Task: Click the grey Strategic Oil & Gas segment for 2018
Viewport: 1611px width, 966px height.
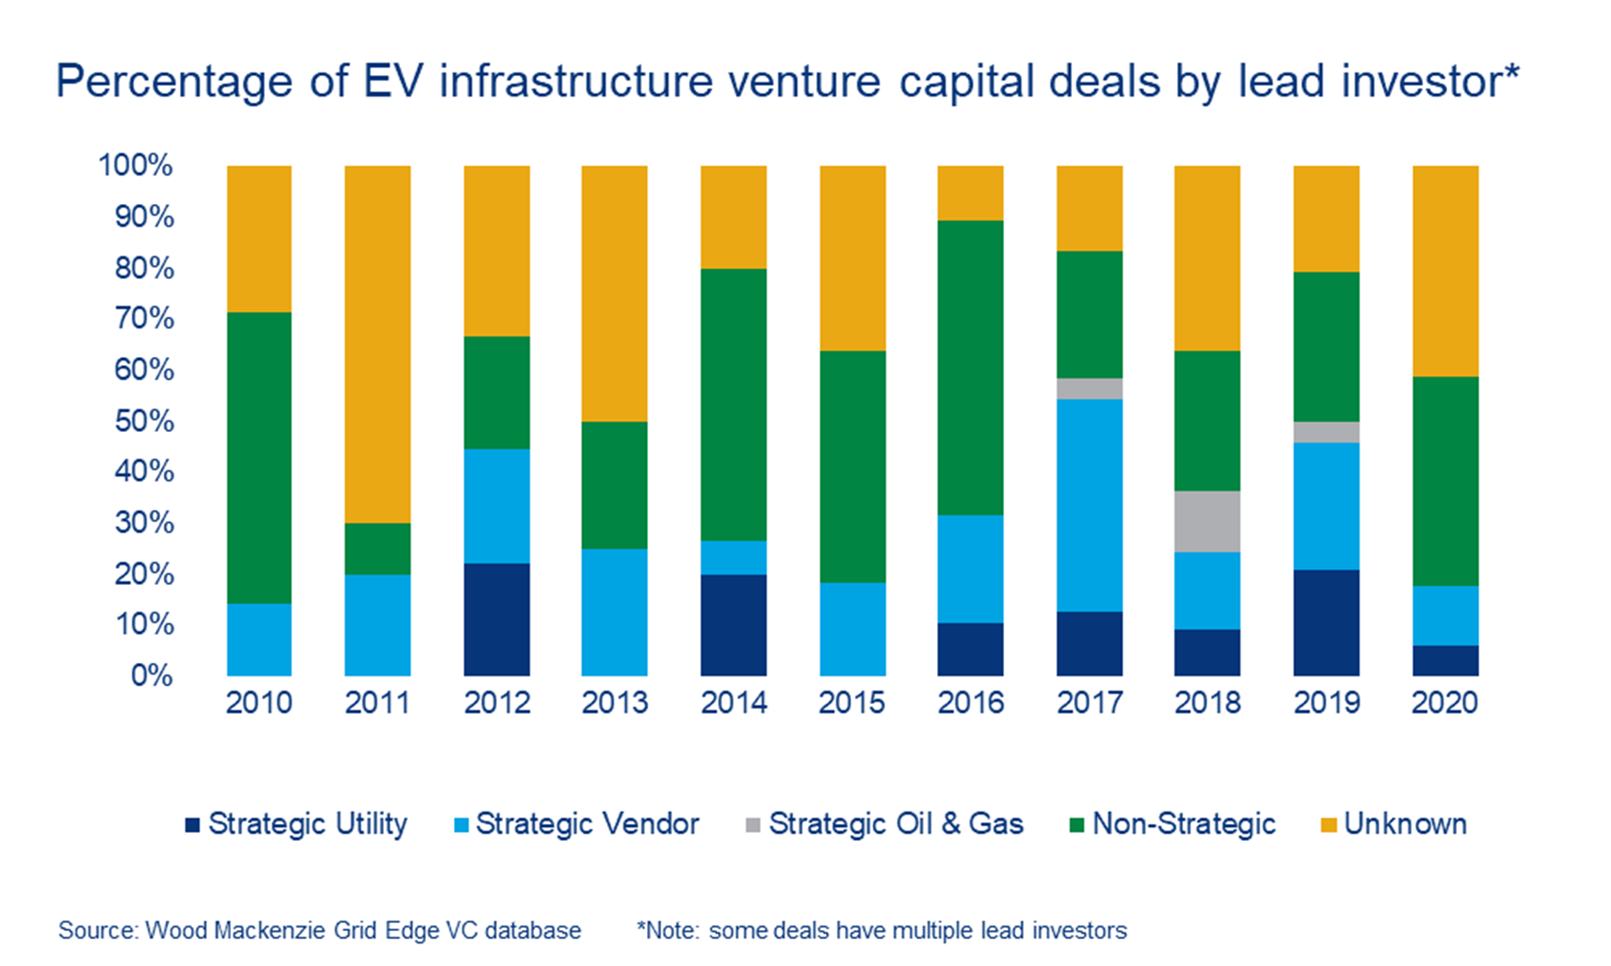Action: coord(1207,521)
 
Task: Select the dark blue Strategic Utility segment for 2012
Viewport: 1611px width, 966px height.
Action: coord(497,619)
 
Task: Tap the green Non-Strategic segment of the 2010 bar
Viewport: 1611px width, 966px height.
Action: coord(259,457)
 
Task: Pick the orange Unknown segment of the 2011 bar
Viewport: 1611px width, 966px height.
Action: coord(378,344)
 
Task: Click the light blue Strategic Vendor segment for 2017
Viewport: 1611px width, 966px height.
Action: coord(1089,505)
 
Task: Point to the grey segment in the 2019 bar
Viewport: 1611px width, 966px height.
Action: coord(1326,432)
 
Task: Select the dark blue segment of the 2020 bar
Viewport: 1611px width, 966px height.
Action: coord(1445,660)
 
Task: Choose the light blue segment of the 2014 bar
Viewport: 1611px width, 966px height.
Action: coord(734,557)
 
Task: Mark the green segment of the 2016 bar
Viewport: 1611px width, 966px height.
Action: coord(970,367)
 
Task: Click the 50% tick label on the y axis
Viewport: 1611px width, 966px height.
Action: coord(143,420)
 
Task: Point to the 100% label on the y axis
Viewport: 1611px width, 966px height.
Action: coord(136,165)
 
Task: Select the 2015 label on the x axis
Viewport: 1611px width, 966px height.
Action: coord(852,703)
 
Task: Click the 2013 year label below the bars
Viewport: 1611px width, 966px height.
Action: coord(615,703)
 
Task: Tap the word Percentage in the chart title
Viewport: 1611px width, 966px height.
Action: coord(174,82)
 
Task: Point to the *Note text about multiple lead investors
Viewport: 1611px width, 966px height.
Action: coord(882,931)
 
